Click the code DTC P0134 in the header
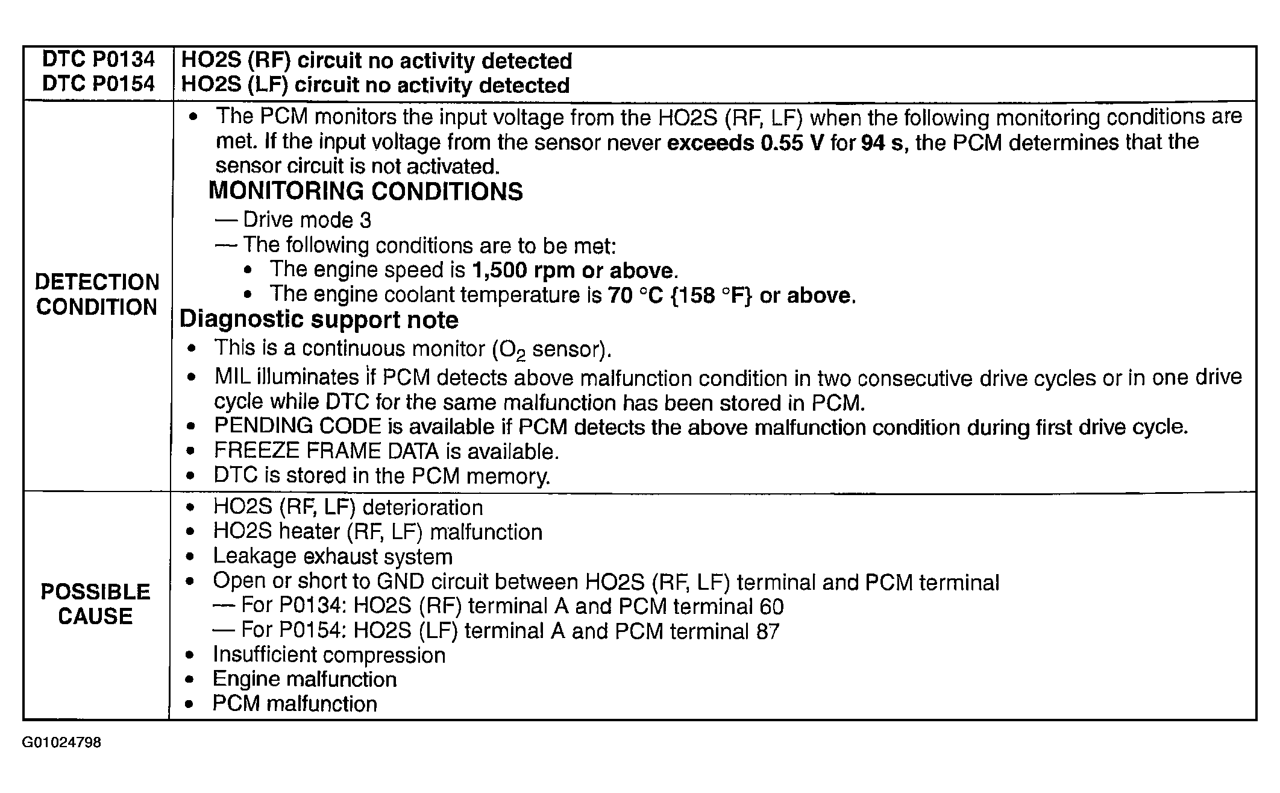pyautogui.click(x=98, y=60)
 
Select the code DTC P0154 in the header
pyautogui.click(x=98, y=84)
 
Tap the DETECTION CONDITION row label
pyautogui.click(x=97, y=294)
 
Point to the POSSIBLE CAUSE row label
pyautogui.click(x=95, y=604)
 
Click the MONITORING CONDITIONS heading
pyautogui.click(x=365, y=191)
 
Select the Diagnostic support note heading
pyautogui.click(x=319, y=320)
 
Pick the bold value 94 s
pyautogui.click(x=882, y=143)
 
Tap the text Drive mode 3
pyautogui.click(x=307, y=220)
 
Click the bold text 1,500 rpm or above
pyautogui.click(x=573, y=270)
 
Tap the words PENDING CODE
pyautogui.click(x=298, y=426)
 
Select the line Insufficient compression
pyautogui.click(x=329, y=655)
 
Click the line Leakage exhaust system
pyautogui.click(x=333, y=556)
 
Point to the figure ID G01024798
pyautogui.click(x=61, y=742)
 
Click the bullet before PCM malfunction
pyautogui.click(x=190, y=704)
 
